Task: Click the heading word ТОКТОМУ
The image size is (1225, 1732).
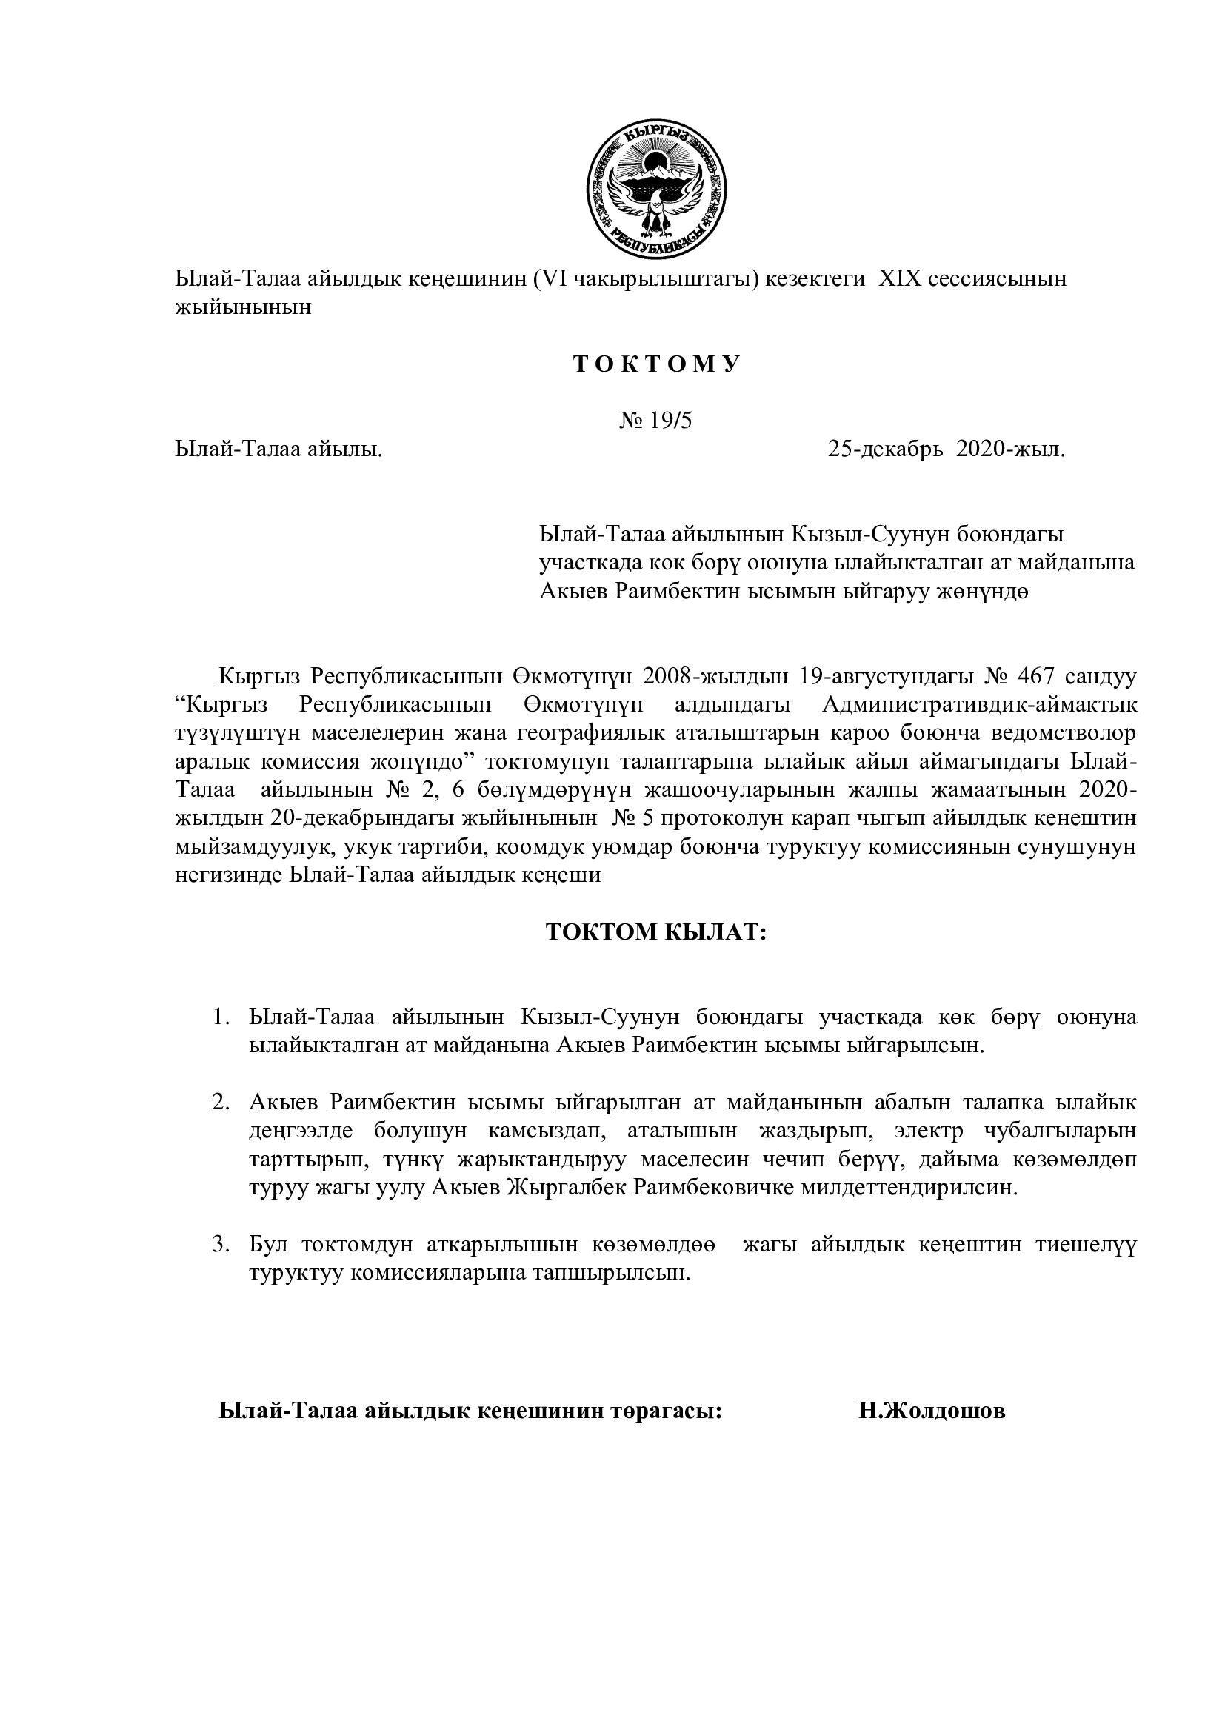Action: pyautogui.click(x=656, y=364)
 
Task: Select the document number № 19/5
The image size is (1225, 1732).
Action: pyautogui.click(x=655, y=420)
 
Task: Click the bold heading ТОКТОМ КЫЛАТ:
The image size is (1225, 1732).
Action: pyautogui.click(x=655, y=932)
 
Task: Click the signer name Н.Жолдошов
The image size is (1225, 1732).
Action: pyautogui.click(x=932, y=1411)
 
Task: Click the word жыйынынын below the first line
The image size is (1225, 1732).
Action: pyautogui.click(x=243, y=307)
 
